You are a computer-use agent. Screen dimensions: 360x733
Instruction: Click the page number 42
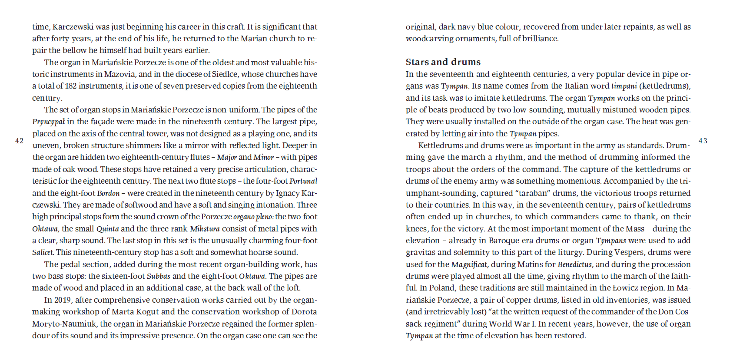click(x=19, y=141)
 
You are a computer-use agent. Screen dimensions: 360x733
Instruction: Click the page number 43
click(x=703, y=141)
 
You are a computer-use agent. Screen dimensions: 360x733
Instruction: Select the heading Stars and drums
click(x=443, y=62)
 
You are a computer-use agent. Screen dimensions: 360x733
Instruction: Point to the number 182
click(x=71, y=86)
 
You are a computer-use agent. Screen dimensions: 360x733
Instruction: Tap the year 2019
click(x=63, y=300)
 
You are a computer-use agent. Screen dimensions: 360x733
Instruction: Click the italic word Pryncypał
click(x=48, y=122)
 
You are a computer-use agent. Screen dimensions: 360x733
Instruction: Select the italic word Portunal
click(x=303, y=181)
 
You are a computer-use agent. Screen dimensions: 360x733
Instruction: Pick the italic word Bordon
click(x=108, y=193)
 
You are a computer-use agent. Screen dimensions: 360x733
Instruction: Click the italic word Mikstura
click(x=205, y=229)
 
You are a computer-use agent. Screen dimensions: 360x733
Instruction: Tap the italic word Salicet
click(x=43, y=252)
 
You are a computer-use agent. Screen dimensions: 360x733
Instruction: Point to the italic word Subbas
click(x=158, y=276)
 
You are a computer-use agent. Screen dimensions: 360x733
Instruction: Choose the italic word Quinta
click(x=107, y=229)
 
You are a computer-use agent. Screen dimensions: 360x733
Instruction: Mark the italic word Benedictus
click(x=574, y=264)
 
